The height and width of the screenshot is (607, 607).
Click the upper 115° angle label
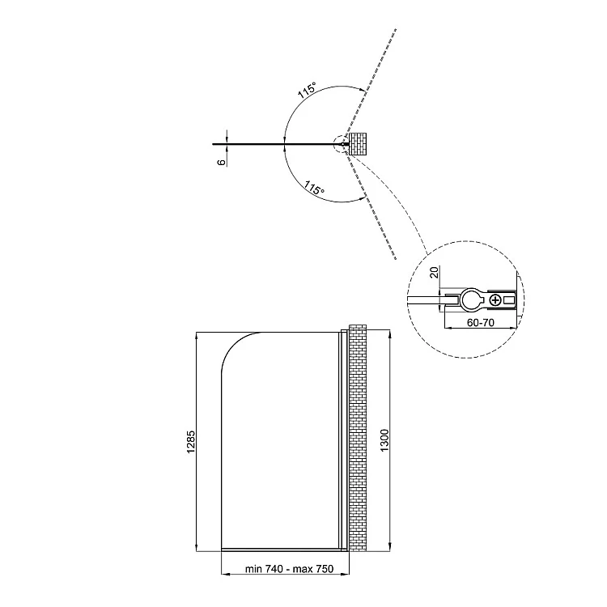(307, 90)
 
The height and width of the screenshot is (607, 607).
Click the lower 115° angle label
(314, 188)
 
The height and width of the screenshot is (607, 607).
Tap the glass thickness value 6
(221, 162)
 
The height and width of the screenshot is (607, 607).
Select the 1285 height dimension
(191, 442)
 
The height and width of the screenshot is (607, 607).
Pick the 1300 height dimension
(384, 440)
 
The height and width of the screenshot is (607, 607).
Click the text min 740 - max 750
(289, 569)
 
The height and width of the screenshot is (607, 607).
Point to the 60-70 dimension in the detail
(481, 322)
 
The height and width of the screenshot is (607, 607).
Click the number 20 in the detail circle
(435, 273)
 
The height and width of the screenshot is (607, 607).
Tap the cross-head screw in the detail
(495, 299)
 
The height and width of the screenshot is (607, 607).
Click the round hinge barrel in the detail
(471, 299)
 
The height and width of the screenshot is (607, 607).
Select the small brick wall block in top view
(358, 144)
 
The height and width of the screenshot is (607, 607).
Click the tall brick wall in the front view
(358, 438)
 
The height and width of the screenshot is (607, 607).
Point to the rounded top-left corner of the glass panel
(231, 342)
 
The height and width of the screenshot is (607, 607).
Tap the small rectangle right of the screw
(509, 299)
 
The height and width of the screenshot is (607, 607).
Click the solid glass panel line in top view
(277, 144)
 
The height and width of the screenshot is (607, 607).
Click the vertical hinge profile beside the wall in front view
(343, 440)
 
